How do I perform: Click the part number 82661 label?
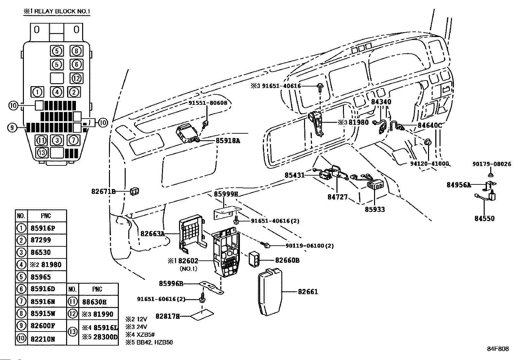point(308,292)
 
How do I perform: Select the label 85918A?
point(228,141)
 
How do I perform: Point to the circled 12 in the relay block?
point(77,78)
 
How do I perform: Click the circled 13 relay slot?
point(42,153)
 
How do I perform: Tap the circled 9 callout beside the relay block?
point(12,127)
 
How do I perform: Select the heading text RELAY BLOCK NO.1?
point(62,11)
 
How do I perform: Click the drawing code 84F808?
point(498,349)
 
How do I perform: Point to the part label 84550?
point(484,218)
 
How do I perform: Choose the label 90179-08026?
point(492,164)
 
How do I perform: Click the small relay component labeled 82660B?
point(254,259)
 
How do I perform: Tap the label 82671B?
point(103,191)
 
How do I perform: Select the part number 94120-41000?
point(429,163)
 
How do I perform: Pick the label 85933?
point(375,209)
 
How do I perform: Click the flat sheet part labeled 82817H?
point(202,315)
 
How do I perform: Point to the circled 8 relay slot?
point(77,51)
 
